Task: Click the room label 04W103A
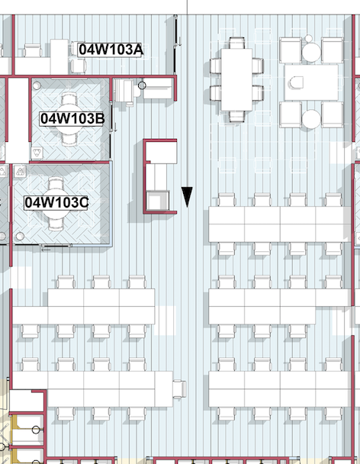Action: pos(111,50)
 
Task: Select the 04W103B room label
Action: pos(72,118)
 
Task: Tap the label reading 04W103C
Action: pos(56,203)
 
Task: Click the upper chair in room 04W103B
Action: pos(69,100)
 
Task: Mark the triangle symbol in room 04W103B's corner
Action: pos(37,153)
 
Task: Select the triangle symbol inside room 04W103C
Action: pos(20,171)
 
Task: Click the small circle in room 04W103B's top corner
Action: pos(37,85)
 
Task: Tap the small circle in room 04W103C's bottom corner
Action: pos(20,236)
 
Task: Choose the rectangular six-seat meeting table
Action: pos(236,80)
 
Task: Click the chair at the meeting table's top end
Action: pos(236,43)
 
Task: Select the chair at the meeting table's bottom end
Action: pos(236,117)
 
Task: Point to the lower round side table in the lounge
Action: pos(311,119)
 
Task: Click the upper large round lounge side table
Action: pos(311,53)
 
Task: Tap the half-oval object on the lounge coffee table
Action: pos(296,82)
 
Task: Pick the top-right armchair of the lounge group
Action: pos(333,50)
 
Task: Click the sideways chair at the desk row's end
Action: pos(179,389)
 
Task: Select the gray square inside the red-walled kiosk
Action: pos(158,201)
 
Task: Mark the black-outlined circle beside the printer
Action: pos(142,85)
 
